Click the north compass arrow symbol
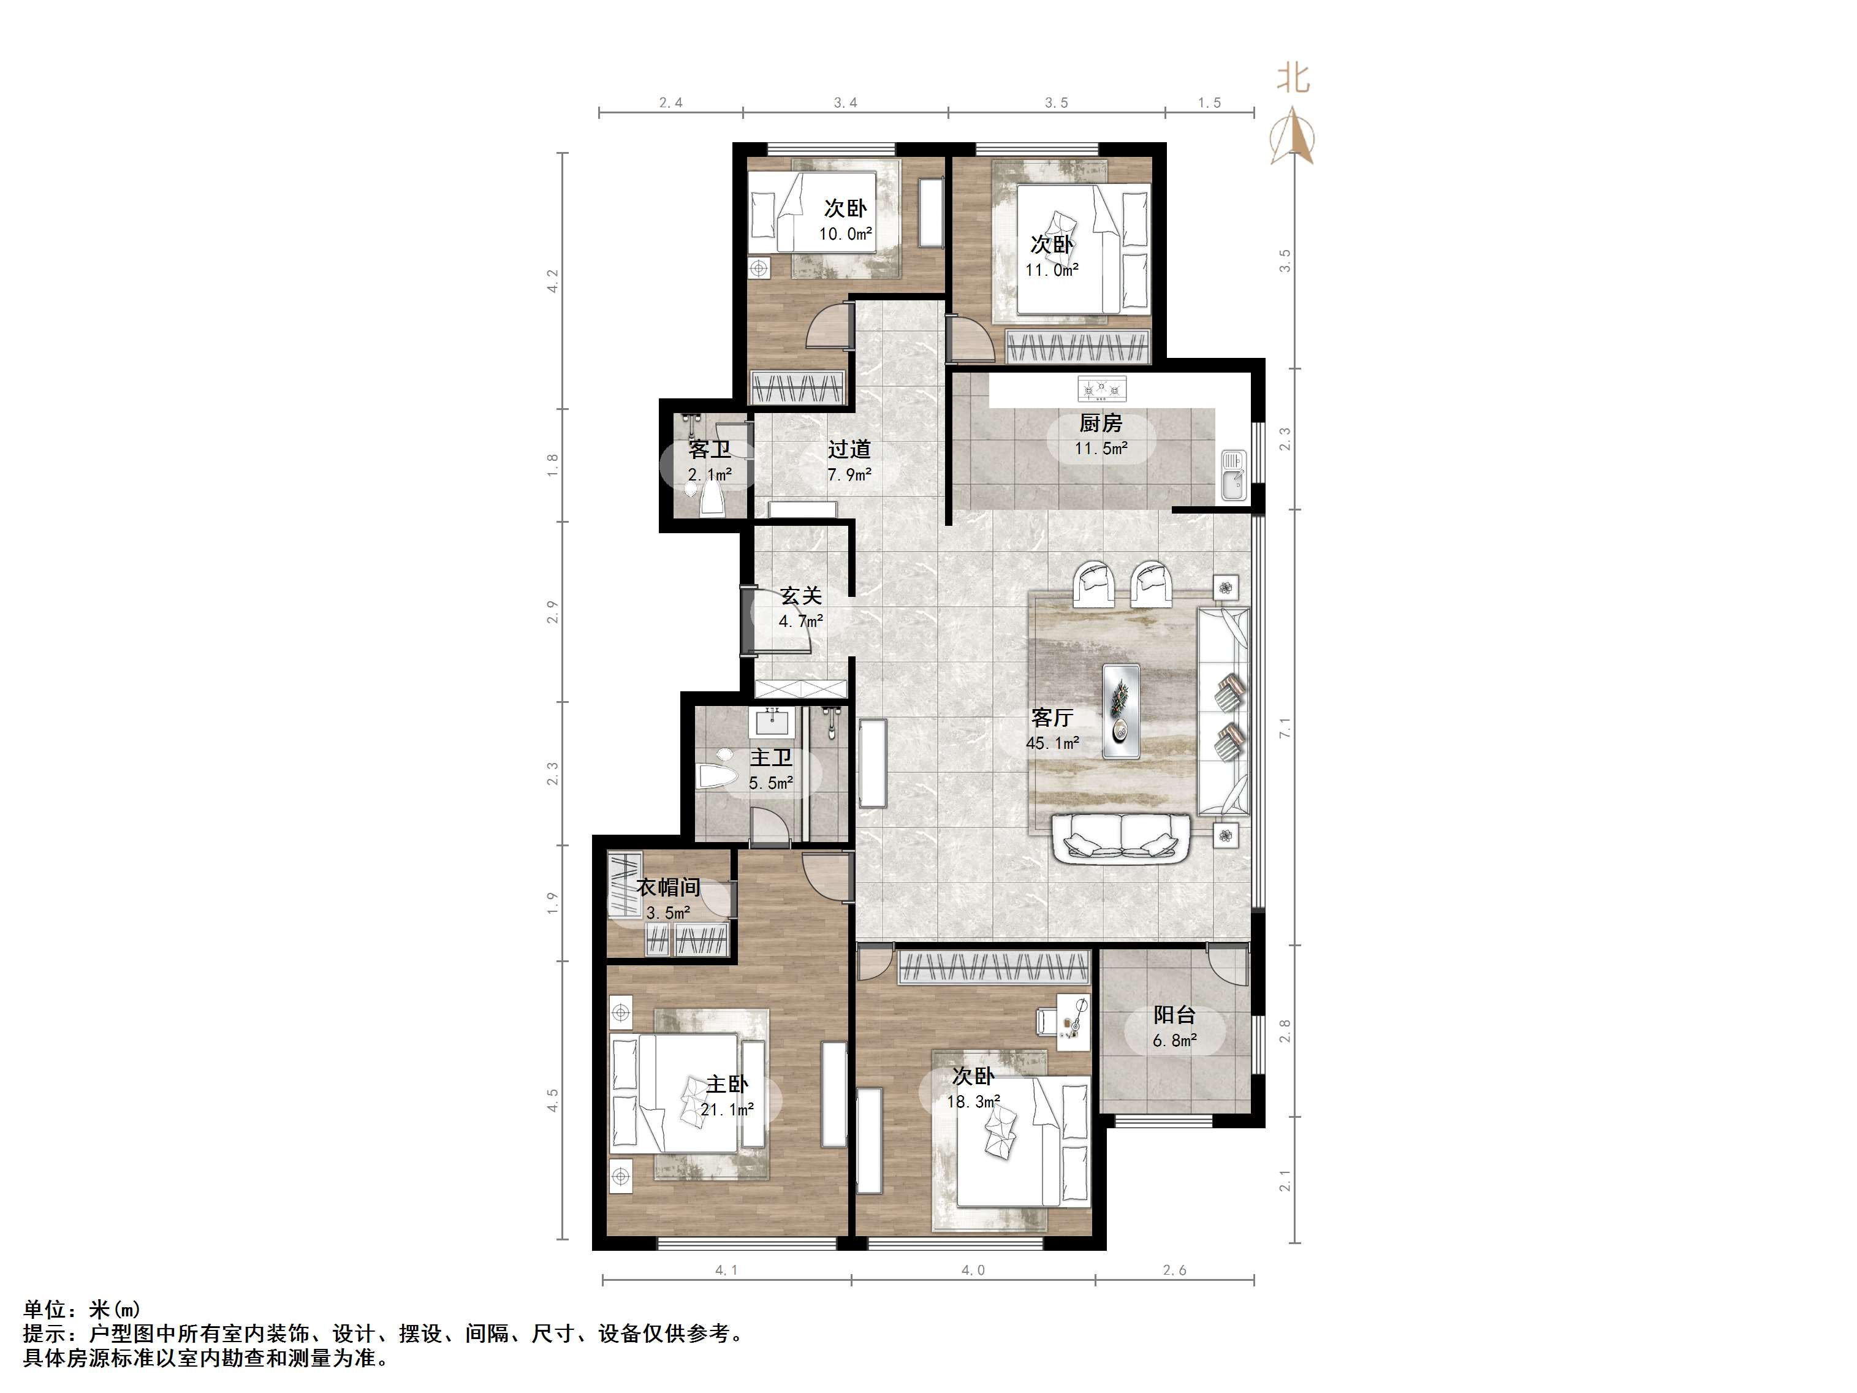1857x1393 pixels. tap(1292, 137)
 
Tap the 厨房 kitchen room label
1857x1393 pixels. tap(1101, 423)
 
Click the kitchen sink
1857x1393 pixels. tap(1233, 475)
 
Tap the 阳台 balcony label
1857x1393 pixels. tap(1174, 1015)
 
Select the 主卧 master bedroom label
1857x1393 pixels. tap(727, 1084)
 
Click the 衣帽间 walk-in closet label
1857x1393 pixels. tap(668, 887)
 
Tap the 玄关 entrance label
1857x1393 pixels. tap(801, 596)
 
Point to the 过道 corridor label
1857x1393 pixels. tap(849, 449)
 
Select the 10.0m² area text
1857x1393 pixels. tap(845, 234)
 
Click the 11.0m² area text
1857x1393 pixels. tap(1052, 270)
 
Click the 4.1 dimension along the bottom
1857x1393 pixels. tap(726, 1270)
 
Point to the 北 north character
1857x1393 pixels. tap(1293, 78)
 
